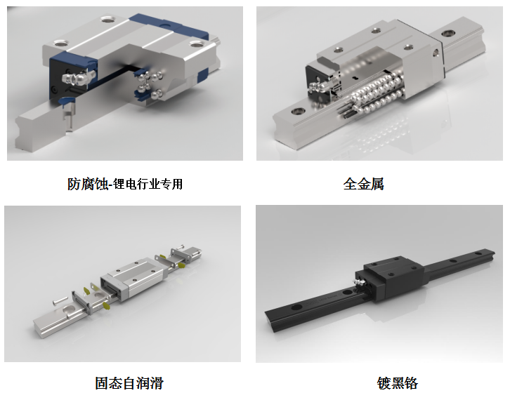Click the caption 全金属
point(363,184)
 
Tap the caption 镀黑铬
point(397,383)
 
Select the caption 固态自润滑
point(129,383)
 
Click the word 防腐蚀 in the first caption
point(88,184)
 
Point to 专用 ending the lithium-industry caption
point(172,184)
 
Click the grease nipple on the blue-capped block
point(78,78)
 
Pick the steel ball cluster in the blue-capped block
point(150,85)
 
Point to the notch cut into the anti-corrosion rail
point(69,118)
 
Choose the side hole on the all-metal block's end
point(436,52)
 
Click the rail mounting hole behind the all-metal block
point(448,33)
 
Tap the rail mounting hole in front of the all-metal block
point(298,111)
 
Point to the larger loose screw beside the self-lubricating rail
point(60,300)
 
